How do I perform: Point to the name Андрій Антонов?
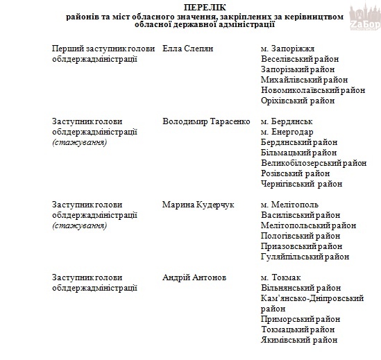tap(194, 277)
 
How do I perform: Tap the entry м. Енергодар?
tap(287, 131)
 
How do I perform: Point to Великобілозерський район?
tap(313, 162)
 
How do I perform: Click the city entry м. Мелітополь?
tap(289, 205)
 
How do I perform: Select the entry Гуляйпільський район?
tap(305, 257)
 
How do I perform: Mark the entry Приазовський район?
tap(301, 246)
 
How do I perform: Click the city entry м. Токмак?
tap(281, 277)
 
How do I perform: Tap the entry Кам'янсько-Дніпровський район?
tap(312, 298)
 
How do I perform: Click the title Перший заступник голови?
tap(94, 48)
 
